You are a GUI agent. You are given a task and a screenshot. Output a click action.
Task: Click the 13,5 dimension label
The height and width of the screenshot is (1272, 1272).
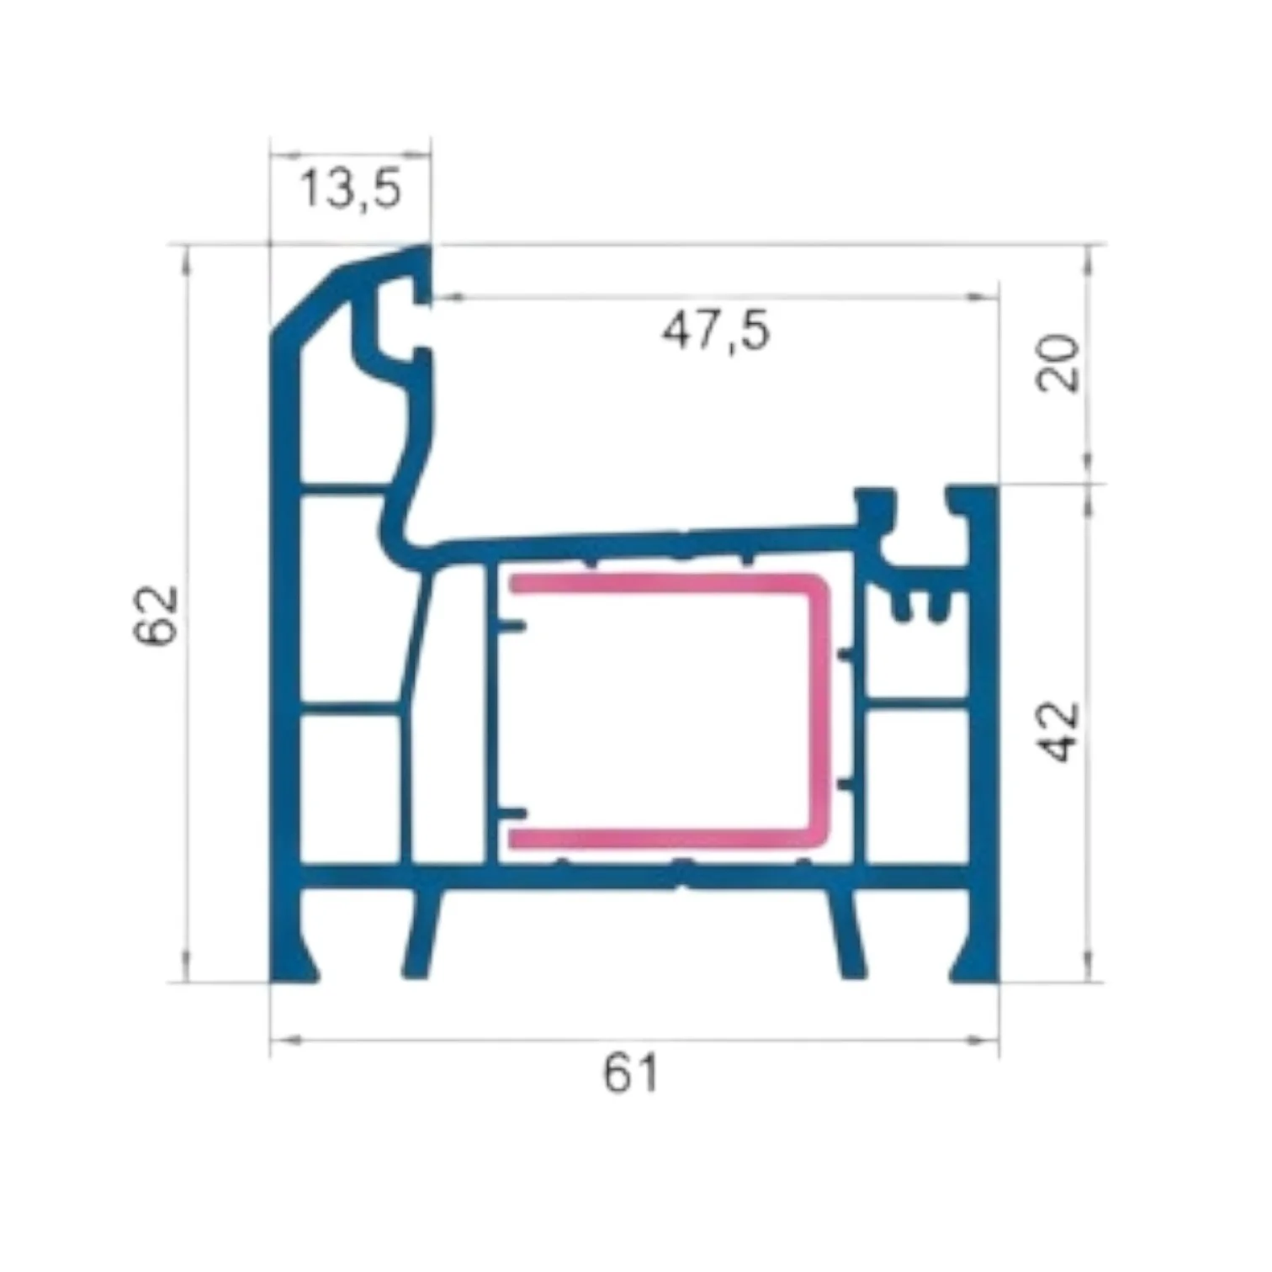(351, 188)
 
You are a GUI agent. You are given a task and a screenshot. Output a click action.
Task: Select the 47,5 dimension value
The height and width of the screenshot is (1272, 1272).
(715, 330)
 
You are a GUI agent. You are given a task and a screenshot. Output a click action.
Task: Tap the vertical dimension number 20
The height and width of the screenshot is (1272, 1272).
(1057, 363)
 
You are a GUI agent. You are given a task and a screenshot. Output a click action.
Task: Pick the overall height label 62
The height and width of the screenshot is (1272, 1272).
(157, 614)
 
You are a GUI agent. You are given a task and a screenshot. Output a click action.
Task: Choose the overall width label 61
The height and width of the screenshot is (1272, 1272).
(630, 1073)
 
